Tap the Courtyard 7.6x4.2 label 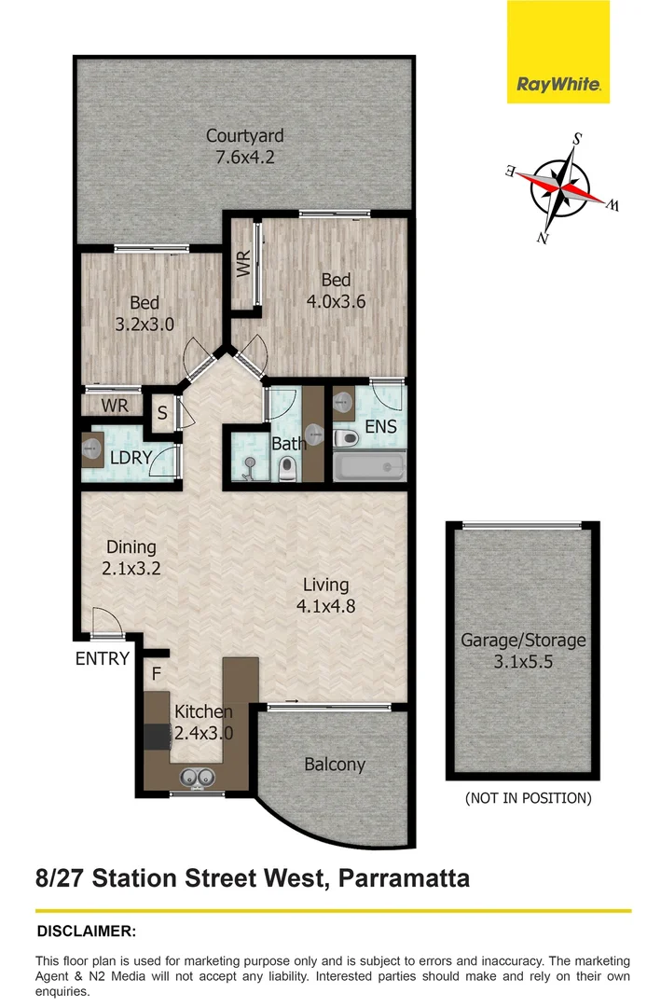(x=244, y=146)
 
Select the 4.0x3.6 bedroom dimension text (x=336, y=301)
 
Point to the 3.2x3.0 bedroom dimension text (x=145, y=324)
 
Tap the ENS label (x=380, y=427)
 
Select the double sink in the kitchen (x=197, y=774)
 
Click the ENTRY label (x=103, y=658)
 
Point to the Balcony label (x=335, y=765)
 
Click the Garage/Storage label (x=523, y=641)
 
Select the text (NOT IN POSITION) (x=527, y=798)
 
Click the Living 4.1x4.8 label (x=325, y=595)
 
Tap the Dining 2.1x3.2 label (x=131, y=558)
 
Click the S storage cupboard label (x=161, y=412)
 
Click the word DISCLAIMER (x=86, y=931)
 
